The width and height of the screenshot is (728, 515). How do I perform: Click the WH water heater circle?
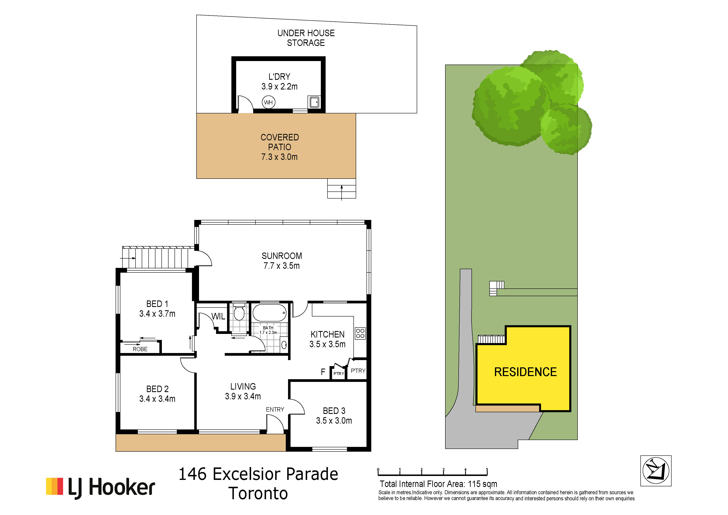click(x=269, y=102)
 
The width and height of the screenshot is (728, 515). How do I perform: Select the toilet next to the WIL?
click(x=239, y=312)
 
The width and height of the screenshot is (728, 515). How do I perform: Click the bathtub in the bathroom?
click(x=270, y=313)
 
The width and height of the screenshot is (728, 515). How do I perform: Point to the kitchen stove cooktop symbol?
click(x=360, y=333)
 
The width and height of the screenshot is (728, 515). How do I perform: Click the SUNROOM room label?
click(x=282, y=256)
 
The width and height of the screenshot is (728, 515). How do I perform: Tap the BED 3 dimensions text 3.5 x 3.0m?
click(x=334, y=421)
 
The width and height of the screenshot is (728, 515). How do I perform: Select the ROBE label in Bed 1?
click(x=140, y=349)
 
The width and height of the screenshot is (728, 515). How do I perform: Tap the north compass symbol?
click(x=656, y=471)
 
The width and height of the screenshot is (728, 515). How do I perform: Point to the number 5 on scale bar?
click(x=487, y=470)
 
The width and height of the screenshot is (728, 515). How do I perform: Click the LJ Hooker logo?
click(x=100, y=487)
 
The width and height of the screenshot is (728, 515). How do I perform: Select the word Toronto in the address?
click(x=258, y=493)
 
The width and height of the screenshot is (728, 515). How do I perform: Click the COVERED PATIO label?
click(x=280, y=142)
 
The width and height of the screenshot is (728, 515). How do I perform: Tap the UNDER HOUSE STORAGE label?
click(x=306, y=38)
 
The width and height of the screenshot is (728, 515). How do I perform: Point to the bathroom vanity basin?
click(x=284, y=345)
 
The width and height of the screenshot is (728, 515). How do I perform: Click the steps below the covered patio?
click(x=342, y=189)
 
